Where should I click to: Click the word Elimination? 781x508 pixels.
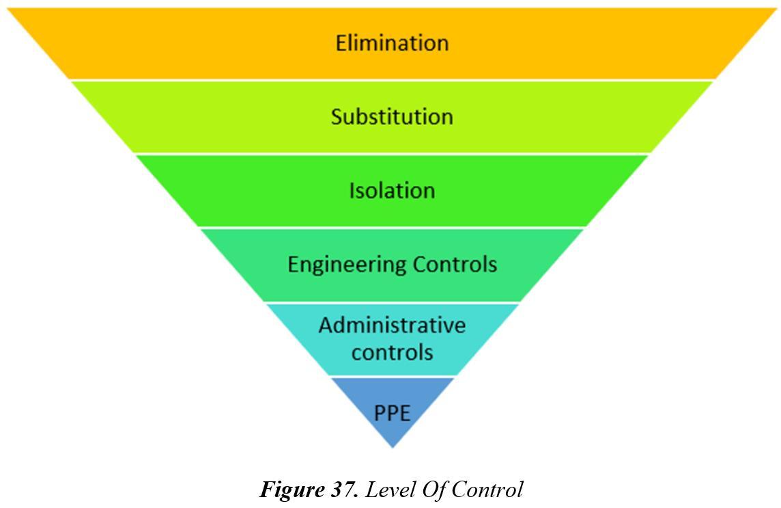pyautogui.click(x=392, y=43)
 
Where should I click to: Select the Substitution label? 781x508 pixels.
pyautogui.click(x=392, y=117)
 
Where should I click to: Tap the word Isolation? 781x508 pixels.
pyautogui.click(x=392, y=190)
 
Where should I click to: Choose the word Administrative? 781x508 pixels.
pyautogui.click(x=392, y=324)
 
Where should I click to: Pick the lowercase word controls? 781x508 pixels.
pyautogui.click(x=392, y=351)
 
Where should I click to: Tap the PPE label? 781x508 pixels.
pyautogui.click(x=392, y=412)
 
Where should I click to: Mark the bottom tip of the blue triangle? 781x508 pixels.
pyautogui.click(x=393, y=447)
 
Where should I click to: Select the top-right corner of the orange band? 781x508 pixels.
pyautogui.click(x=777, y=9)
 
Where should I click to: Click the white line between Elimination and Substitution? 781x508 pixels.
pyautogui.click(x=392, y=80)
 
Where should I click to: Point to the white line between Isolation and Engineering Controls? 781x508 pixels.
pyautogui.click(x=392, y=228)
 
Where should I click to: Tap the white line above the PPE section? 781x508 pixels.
pyautogui.click(x=392, y=377)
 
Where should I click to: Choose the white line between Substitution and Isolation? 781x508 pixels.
pyautogui.click(x=392, y=154)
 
